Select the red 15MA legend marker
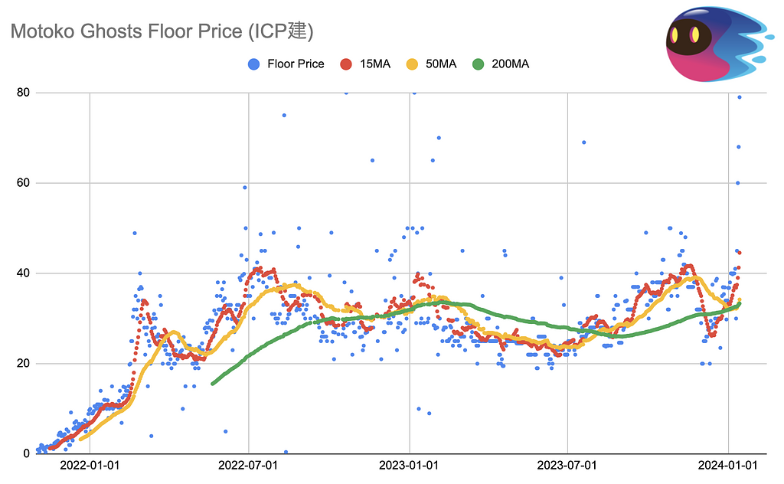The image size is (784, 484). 345,64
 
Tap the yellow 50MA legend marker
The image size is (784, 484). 411,64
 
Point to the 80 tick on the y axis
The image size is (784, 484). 23,93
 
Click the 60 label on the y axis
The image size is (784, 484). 23,183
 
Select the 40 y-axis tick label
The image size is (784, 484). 23,273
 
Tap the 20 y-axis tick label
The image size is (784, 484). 23,364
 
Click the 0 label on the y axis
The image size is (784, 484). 26,453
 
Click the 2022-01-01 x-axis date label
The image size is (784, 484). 90,465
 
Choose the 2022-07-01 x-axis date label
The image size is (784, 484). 249,465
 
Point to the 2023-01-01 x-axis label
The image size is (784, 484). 410,465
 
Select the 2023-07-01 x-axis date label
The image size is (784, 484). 568,465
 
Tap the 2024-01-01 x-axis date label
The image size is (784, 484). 728,465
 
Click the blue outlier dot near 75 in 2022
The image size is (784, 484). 283,115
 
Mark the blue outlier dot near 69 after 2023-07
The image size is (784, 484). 583,142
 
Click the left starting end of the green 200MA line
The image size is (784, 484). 213,383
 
